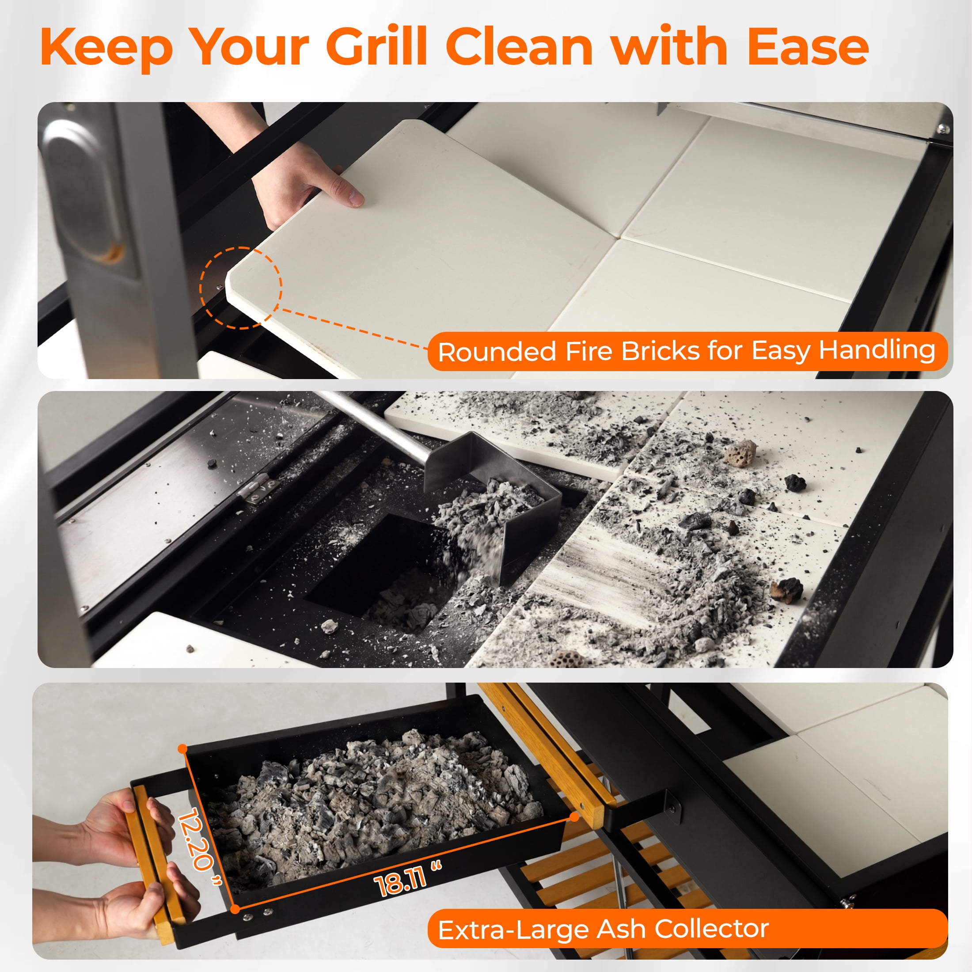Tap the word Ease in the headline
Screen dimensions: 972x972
pos(808,46)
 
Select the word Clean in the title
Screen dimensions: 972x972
pos(519,46)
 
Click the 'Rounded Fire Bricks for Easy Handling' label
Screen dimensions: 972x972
pos(687,351)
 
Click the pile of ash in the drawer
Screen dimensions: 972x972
pos(372,805)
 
